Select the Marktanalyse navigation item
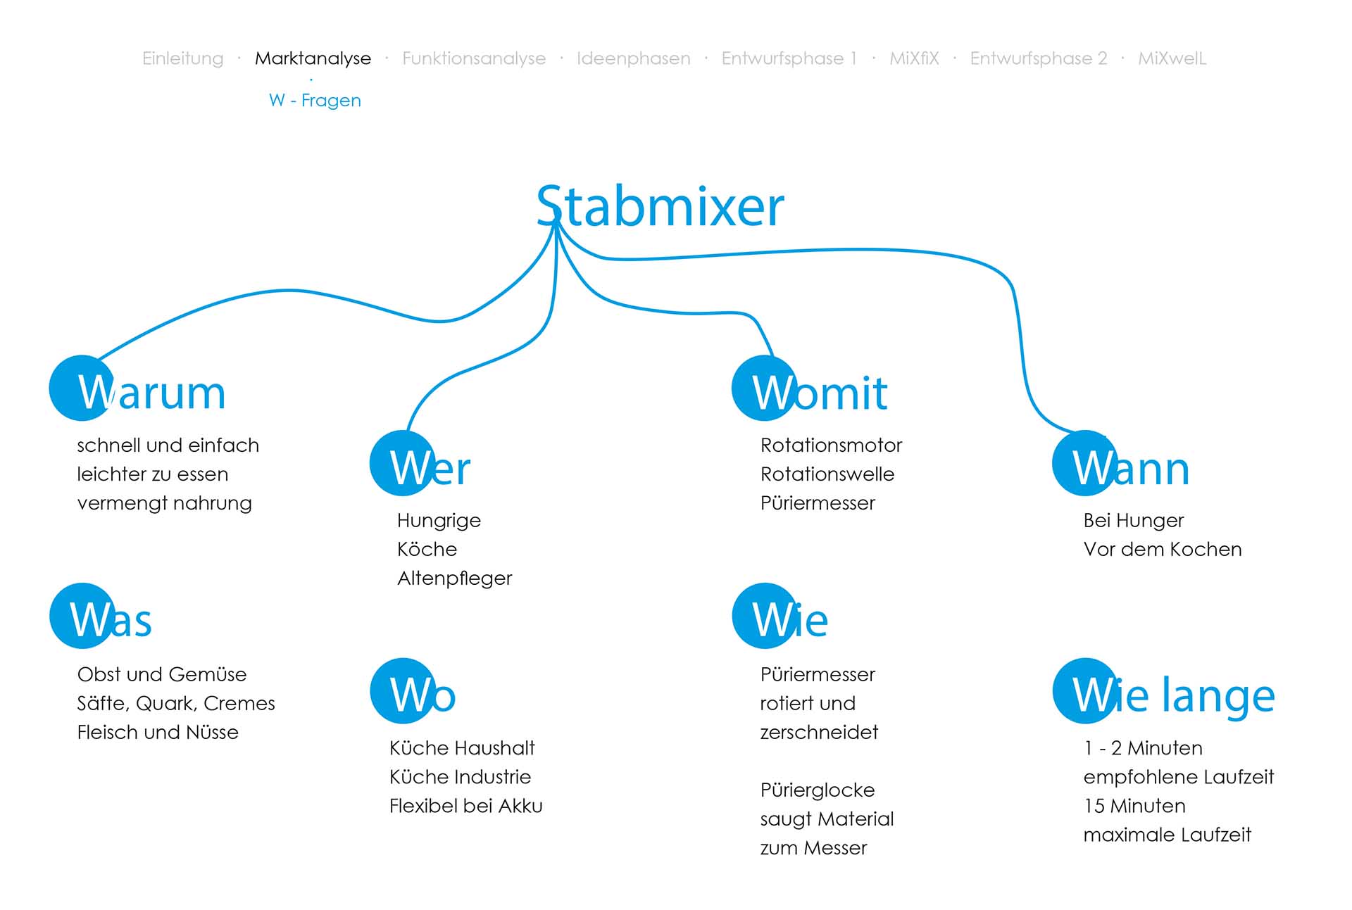tap(313, 58)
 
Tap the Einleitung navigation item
tap(182, 58)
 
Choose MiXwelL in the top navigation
tap(1172, 58)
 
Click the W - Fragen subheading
tap(315, 101)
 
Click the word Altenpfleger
tap(454, 579)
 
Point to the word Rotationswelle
tap(827, 474)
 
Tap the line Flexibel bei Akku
tap(465, 806)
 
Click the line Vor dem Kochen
tap(1162, 550)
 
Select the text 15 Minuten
tap(1134, 806)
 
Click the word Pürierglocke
tap(817, 790)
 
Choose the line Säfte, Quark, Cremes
tap(175, 704)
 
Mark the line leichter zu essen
tap(152, 474)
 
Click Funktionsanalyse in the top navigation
tap(473, 58)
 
